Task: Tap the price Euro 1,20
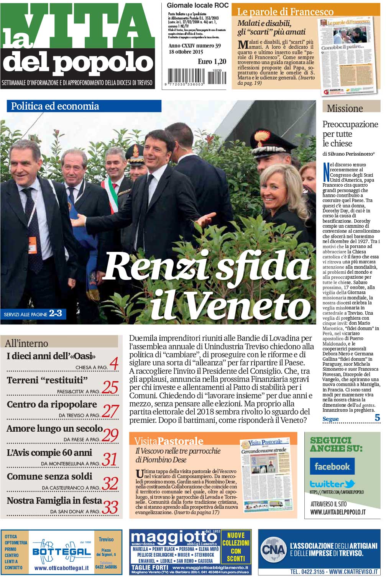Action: [212, 61]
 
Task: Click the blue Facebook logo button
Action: [332, 466]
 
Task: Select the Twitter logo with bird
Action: [332, 484]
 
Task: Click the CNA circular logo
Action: [273, 551]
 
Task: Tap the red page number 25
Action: [110, 387]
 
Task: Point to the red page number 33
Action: [110, 507]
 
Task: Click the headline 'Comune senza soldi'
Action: [49, 477]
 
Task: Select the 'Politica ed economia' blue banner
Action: [84, 106]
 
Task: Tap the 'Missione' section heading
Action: [345, 108]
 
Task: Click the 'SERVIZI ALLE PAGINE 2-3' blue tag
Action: [33, 314]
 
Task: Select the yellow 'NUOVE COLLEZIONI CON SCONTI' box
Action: [236, 547]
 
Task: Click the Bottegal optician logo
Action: [61, 551]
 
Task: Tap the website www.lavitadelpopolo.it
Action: [338, 512]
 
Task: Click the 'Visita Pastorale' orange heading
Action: [169, 441]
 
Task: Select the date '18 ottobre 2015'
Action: [186, 52]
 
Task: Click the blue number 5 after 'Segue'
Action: [377, 418]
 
